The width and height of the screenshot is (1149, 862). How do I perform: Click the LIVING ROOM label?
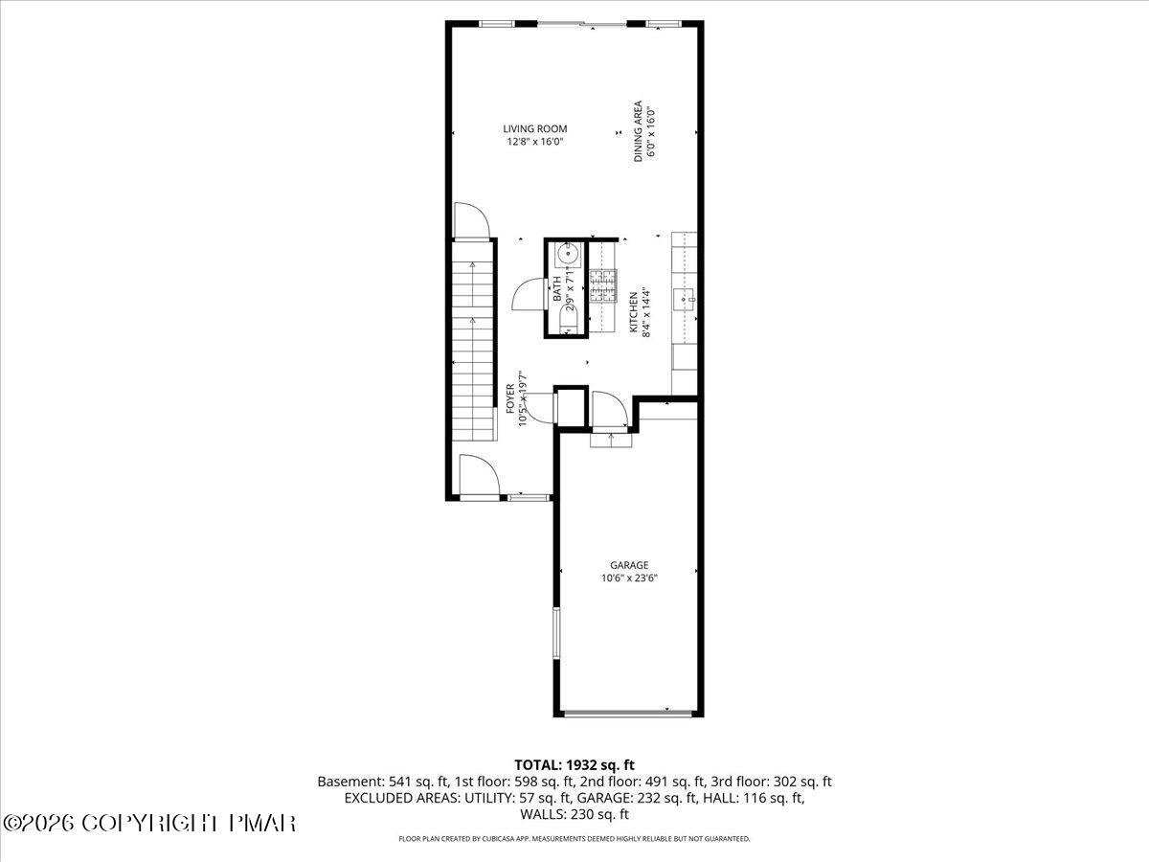point(535,128)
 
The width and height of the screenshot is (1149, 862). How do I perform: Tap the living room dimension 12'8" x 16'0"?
point(535,142)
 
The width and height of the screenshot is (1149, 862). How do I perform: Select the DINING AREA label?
point(639,131)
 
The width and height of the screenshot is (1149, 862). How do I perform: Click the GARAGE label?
point(629,565)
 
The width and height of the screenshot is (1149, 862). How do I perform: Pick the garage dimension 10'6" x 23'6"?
point(629,578)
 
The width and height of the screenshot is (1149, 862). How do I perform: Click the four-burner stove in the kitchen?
point(603,285)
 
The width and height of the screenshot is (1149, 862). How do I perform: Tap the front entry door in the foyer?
point(478,475)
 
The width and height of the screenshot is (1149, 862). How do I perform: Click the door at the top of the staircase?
point(471,220)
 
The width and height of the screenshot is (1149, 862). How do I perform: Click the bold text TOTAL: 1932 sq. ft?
point(574,764)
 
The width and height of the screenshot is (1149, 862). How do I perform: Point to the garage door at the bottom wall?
point(628,714)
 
